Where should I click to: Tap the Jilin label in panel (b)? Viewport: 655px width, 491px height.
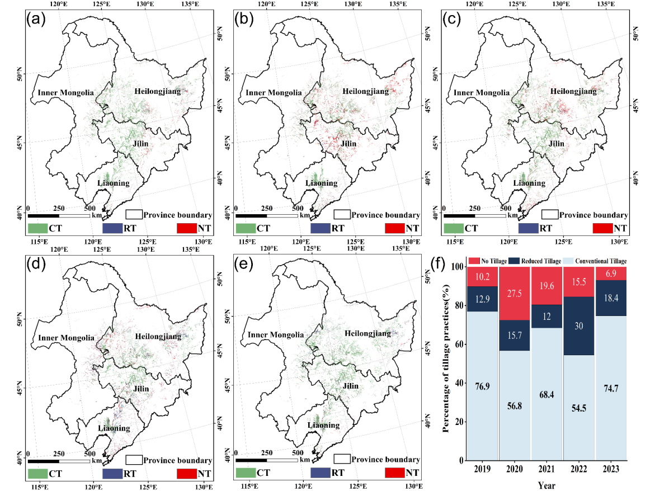[x=349, y=144]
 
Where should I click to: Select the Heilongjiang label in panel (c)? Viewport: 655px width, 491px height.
[x=573, y=91]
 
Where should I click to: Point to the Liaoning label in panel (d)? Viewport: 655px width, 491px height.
[x=114, y=428]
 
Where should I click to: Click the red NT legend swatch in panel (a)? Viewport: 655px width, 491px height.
[x=190, y=228]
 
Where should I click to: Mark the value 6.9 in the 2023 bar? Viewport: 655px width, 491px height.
[x=611, y=273]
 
